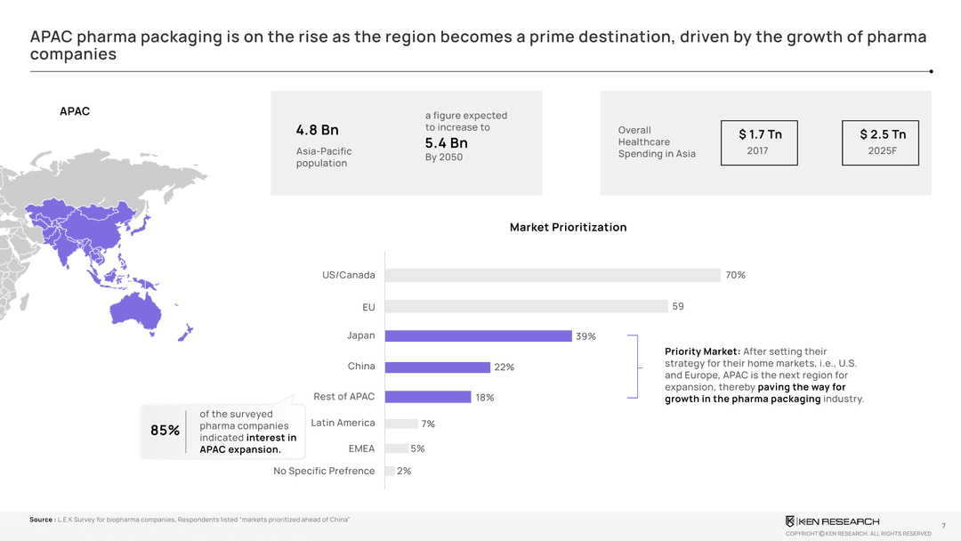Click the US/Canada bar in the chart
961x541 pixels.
[x=552, y=275]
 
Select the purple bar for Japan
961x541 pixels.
[x=478, y=336]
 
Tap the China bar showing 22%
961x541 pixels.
[x=437, y=367]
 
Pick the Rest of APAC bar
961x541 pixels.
[x=427, y=397]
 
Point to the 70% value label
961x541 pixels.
[x=735, y=275]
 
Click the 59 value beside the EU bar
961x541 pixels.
[x=678, y=306]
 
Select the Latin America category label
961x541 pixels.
[x=343, y=423]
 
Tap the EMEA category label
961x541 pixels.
[x=361, y=448]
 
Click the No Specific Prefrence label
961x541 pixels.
[x=324, y=471]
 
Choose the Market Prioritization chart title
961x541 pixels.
[x=568, y=228]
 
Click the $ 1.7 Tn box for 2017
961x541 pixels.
[x=760, y=142]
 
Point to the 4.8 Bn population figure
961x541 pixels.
[x=317, y=131]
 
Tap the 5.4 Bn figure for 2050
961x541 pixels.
[x=446, y=143]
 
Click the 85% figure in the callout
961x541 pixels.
[x=165, y=431]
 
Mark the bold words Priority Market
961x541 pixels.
[x=702, y=351]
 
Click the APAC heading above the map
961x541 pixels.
[x=74, y=112]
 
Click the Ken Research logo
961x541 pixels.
[x=832, y=521]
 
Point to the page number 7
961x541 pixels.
[x=943, y=526]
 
